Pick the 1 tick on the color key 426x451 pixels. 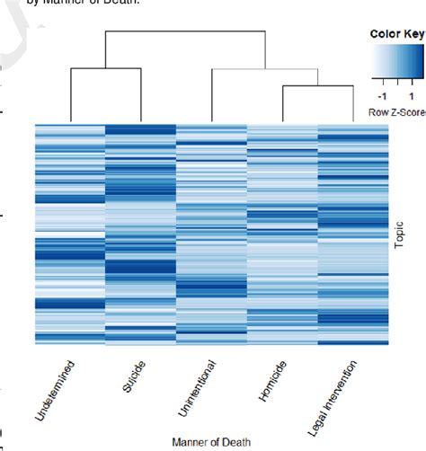coord(411,96)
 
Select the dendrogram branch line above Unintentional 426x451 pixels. coord(211,94)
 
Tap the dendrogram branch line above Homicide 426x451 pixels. coord(282,103)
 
